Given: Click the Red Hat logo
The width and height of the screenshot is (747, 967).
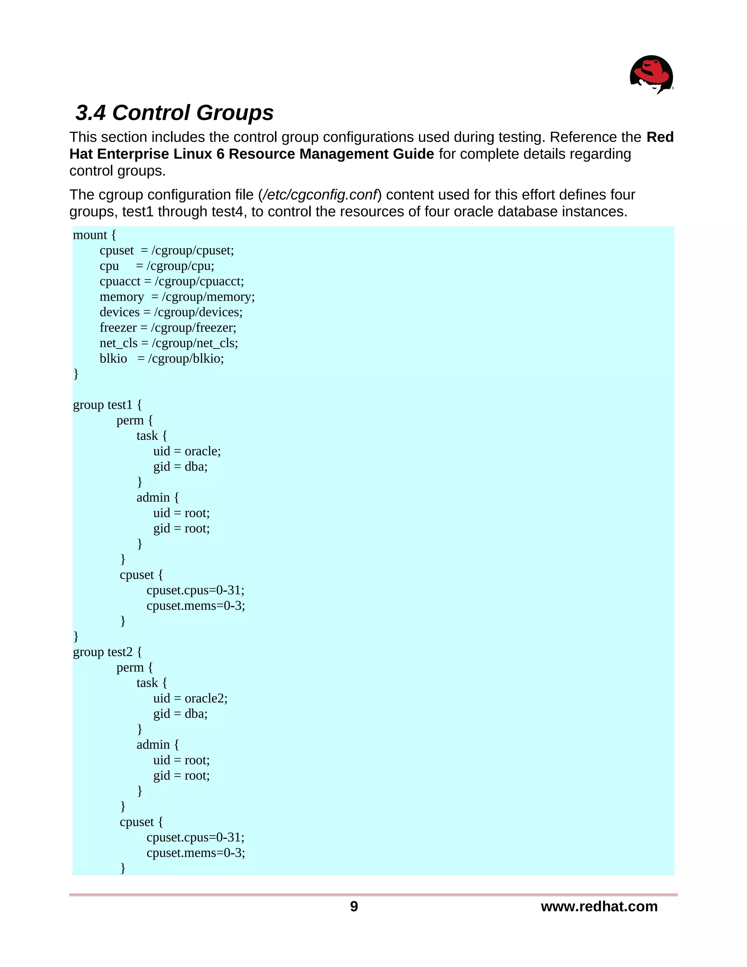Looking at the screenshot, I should coord(651,74).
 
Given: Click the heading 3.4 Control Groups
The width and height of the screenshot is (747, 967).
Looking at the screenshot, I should coord(174,112).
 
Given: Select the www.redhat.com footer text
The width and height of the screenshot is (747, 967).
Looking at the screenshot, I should coord(599,906).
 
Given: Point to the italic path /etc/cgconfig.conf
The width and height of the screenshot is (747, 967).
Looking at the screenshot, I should coord(319,195).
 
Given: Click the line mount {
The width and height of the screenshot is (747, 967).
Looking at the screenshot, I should coord(94,235).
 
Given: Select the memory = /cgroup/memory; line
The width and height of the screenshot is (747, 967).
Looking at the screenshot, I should coord(177,297).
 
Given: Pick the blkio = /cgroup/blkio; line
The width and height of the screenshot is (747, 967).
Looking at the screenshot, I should coord(162,359).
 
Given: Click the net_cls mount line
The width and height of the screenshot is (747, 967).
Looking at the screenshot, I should coord(169,343).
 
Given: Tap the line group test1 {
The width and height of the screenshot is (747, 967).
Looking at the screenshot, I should coord(107,405).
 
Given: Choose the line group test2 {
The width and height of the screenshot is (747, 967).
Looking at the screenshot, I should coord(107,652).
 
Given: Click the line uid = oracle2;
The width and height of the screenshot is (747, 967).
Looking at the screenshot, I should coord(190,698).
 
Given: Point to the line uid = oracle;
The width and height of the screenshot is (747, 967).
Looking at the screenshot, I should coord(187,451).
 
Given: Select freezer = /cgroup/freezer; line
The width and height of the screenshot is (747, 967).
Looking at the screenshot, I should coord(168,328).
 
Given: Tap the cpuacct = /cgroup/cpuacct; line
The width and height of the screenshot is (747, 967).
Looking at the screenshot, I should coord(172,282).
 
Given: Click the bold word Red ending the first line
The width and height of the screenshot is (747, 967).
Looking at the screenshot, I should coord(660,137).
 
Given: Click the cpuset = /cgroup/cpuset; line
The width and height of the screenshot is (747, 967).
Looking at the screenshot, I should coord(166,251).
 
